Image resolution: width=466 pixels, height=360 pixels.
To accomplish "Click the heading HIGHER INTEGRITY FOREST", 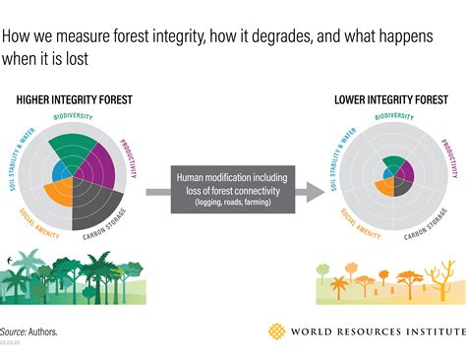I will point(74,99).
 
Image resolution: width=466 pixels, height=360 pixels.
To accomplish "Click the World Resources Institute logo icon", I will point(278,331).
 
